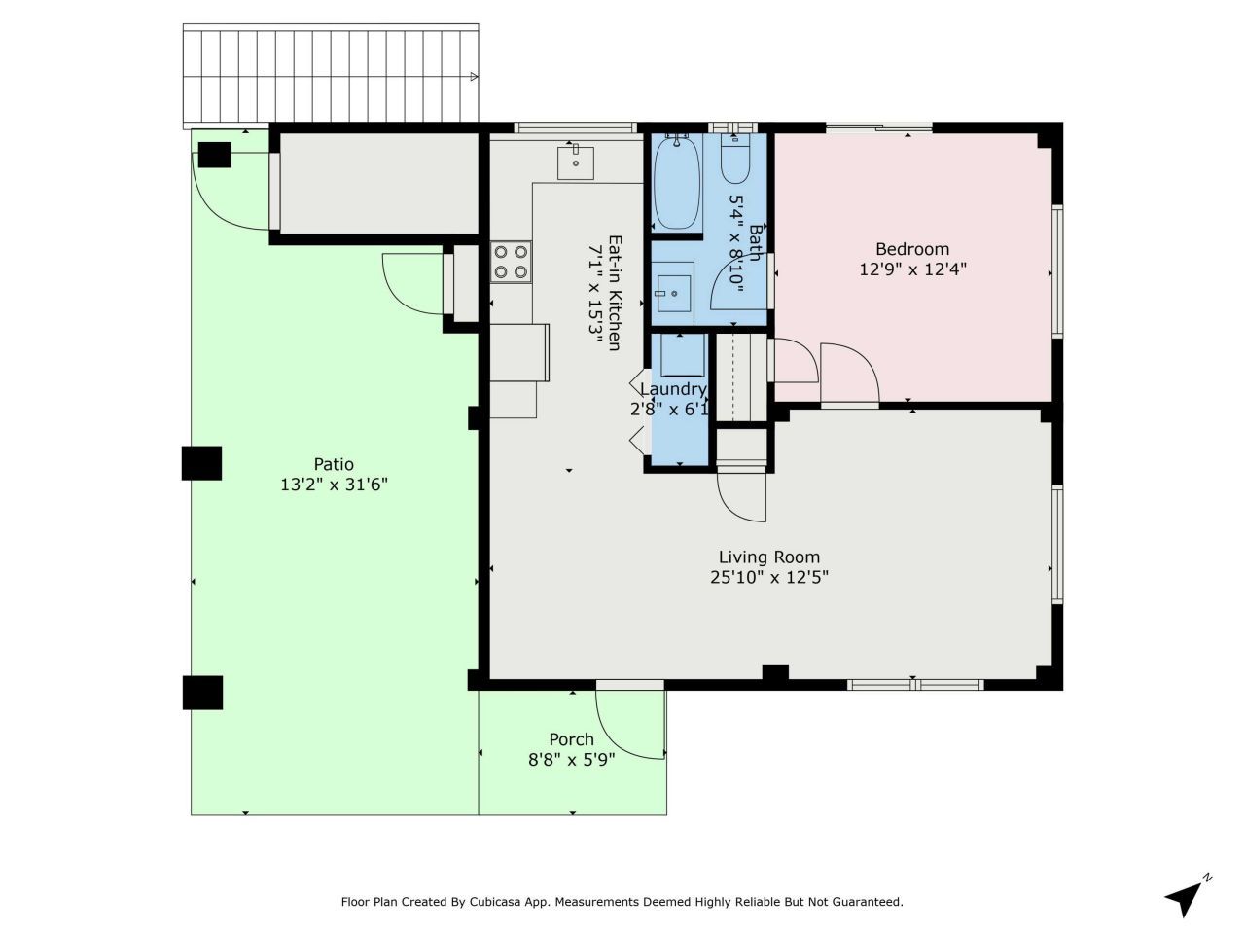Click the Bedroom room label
[911, 249]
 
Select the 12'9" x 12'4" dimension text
[911, 269]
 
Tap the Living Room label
[768, 557]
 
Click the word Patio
[334, 464]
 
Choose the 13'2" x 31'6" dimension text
[334, 485]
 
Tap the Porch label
[571, 739]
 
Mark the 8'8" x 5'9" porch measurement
[571, 760]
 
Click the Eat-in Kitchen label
[615, 293]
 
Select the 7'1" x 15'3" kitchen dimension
[594, 293]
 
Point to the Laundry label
[672, 389]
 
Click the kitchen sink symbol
[576, 162]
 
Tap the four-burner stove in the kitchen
[511, 261]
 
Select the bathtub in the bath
[677, 182]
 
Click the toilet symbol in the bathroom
[734, 161]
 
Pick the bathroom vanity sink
[672, 291]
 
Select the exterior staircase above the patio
[331, 76]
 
